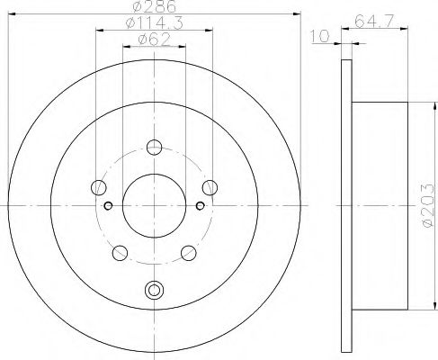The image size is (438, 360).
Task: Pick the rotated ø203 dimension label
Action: [425, 206]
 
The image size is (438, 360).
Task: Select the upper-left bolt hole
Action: [99, 187]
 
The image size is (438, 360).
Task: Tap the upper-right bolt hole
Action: [210, 187]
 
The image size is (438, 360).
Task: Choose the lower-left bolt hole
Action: [120, 252]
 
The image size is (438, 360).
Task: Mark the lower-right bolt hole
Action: [188, 252]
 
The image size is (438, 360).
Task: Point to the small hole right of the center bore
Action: [201, 205]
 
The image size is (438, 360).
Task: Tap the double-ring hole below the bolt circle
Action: [154, 290]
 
